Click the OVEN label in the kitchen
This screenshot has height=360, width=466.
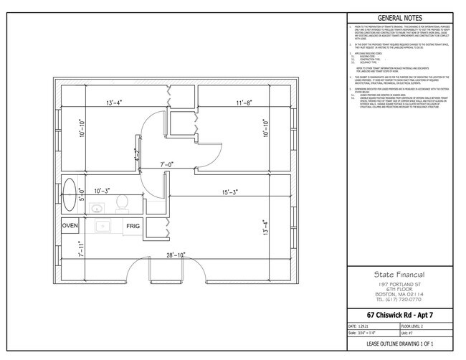pos(70,226)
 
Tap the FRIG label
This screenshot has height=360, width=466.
pos(133,226)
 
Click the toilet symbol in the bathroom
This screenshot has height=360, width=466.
pos(121,202)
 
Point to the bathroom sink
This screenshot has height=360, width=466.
pos(97,208)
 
